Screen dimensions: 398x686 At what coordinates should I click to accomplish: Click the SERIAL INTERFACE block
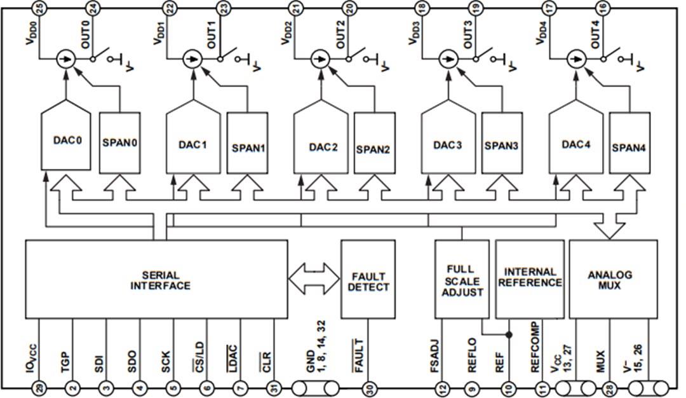pos(156,280)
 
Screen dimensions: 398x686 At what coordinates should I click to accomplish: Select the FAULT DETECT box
pos(368,280)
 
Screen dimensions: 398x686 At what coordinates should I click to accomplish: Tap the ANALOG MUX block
pos(613,280)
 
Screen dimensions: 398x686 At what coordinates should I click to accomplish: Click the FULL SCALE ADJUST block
pos(460,280)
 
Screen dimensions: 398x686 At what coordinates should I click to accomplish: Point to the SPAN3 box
pos(502,145)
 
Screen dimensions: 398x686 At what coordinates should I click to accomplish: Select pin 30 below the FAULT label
pos(368,388)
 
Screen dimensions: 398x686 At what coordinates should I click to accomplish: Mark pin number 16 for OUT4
pos(602,8)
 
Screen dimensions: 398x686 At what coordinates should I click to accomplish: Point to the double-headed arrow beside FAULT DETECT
pos(314,278)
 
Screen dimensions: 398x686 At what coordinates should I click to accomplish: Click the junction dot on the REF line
pos(508,333)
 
